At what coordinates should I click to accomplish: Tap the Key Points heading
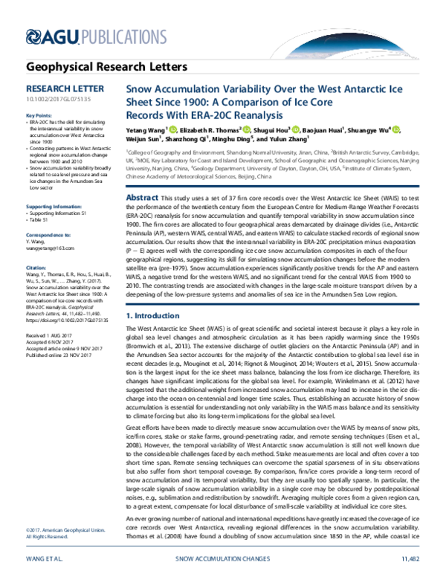point(39,116)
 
